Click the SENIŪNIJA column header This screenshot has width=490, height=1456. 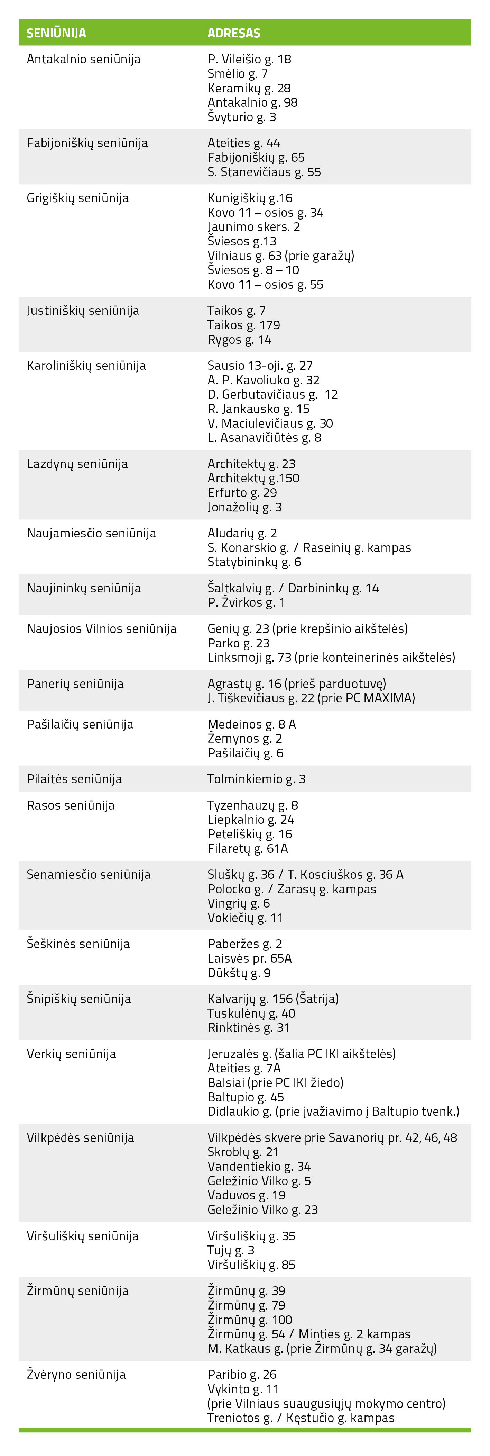(x=56, y=33)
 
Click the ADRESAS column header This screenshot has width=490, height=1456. (x=234, y=33)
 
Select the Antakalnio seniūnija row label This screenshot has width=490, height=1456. (x=84, y=59)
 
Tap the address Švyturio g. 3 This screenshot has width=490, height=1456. (x=242, y=117)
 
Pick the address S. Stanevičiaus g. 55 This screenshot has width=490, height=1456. (x=264, y=172)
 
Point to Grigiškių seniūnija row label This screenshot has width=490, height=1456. (x=77, y=198)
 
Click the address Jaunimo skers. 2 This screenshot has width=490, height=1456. (x=253, y=227)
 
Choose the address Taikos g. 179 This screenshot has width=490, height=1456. (x=243, y=325)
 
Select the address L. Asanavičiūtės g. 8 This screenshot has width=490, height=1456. (x=264, y=437)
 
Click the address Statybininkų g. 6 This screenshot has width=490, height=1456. (x=254, y=562)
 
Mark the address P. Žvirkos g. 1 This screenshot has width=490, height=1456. (x=246, y=602)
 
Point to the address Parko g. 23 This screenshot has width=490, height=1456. (x=238, y=643)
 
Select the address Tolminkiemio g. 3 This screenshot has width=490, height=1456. (x=256, y=779)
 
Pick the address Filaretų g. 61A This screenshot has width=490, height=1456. (x=247, y=848)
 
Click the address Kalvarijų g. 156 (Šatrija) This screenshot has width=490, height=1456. (x=272, y=999)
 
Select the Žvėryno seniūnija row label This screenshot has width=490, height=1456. (x=76, y=1375)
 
